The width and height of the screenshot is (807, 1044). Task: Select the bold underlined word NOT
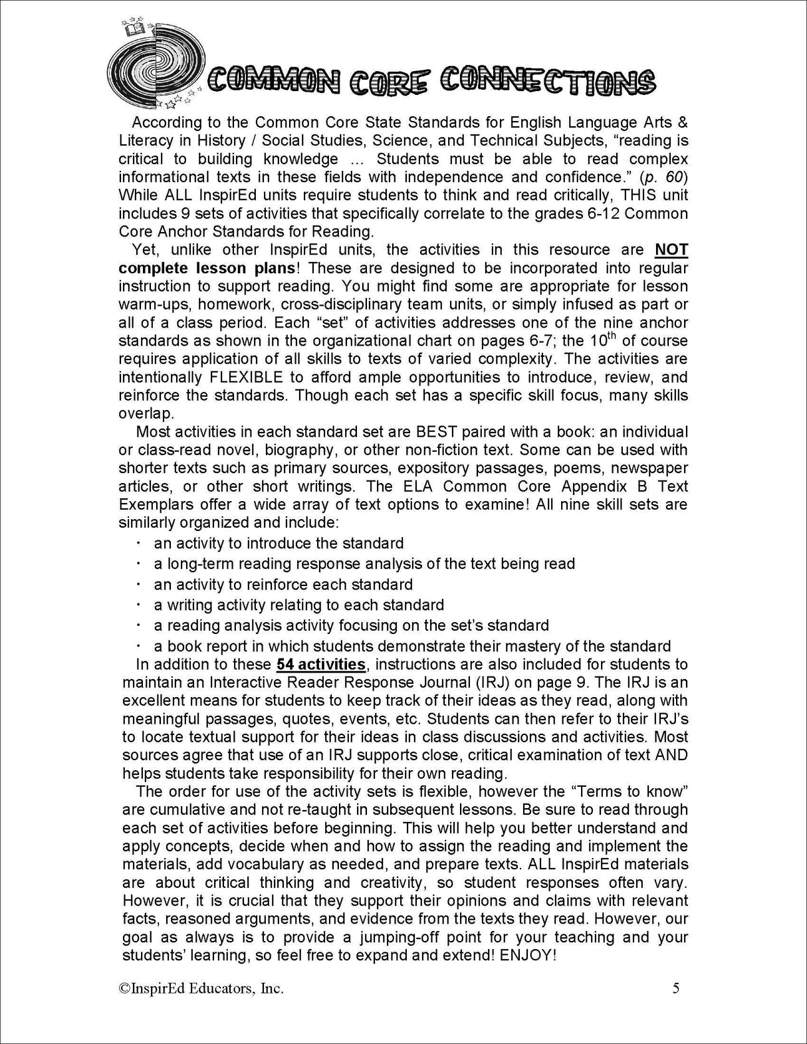[671, 250]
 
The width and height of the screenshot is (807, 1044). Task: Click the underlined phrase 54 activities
[321, 664]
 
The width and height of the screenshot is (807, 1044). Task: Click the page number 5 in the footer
[676, 988]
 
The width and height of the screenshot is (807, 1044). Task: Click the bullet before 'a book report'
[138, 645]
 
